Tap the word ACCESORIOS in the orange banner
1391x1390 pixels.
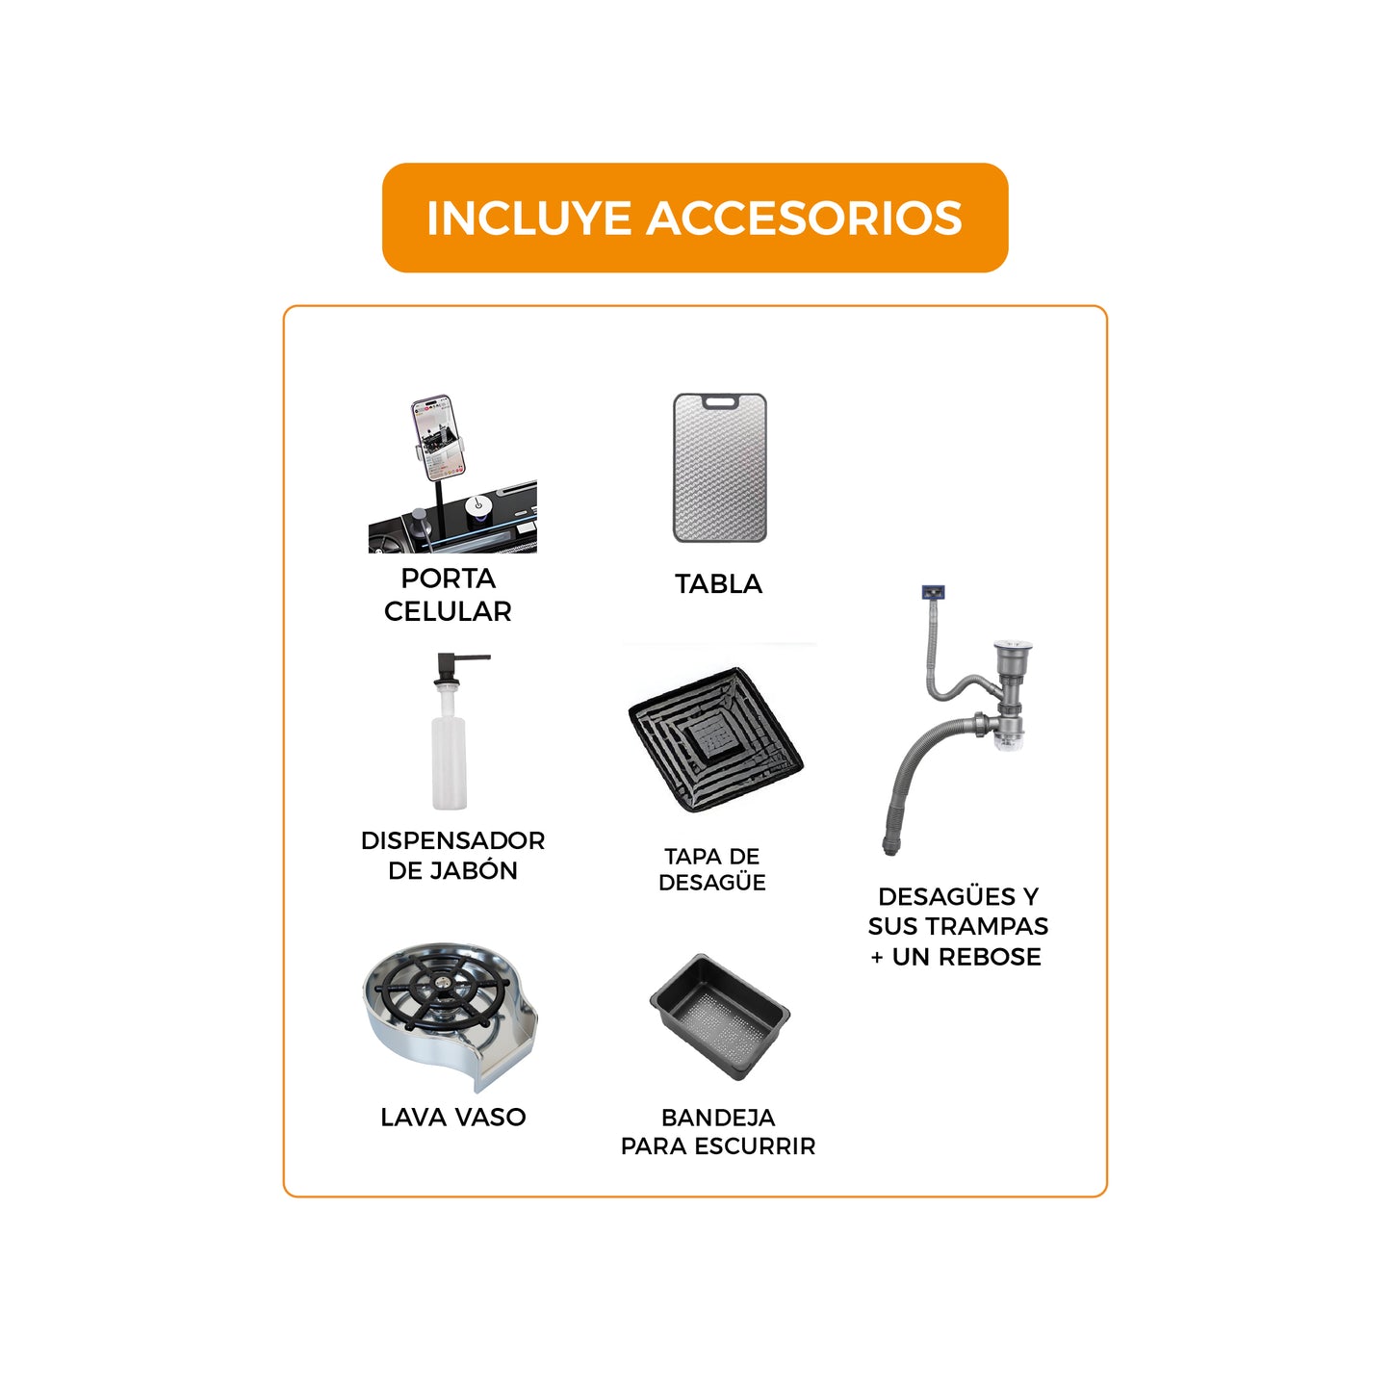(804, 219)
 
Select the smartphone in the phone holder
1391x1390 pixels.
(439, 436)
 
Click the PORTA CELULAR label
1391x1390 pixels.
(448, 595)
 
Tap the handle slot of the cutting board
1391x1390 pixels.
(720, 402)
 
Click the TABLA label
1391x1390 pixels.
(718, 584)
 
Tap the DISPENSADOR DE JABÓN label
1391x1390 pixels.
(452, 855)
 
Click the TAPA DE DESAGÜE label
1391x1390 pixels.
(712, 869)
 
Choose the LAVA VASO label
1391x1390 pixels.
(452, 1118)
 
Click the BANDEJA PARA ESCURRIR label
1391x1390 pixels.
(718, 1132)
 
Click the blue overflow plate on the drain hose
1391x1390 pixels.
(933, 592)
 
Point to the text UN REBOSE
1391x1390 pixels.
(966, 957)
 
